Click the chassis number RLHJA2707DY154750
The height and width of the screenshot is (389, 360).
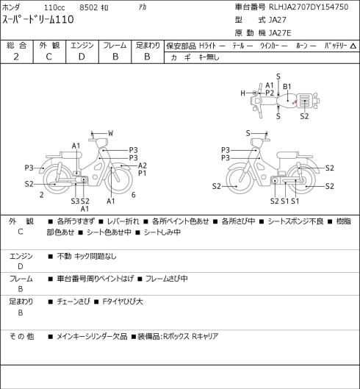[x=309, y=7]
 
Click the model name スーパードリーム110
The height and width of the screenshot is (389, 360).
[x=38, y=19]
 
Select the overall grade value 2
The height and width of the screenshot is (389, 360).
[x=16, y=57]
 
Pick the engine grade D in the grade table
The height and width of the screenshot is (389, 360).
[x=82, y=57]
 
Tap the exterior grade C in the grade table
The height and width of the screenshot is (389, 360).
[x=48, y=57]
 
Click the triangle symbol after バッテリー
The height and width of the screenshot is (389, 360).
[x=353, y=46]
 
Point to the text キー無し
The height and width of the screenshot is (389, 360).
[x=209, y=57]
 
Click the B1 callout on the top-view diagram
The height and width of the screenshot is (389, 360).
[x=287, y=87]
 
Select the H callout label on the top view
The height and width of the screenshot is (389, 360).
[x=242, y=93]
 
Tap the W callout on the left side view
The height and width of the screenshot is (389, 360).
[x=111, y=134]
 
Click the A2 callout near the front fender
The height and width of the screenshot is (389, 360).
[x=143, y=165]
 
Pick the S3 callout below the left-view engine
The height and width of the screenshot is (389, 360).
[x=75, y=201]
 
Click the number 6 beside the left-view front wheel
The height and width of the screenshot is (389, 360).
[x=134, y=195]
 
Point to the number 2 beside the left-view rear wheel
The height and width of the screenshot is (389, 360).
[x=42, y=195]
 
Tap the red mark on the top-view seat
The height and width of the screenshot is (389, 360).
[x=295, y=101]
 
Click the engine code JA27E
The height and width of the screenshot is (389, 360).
[x=280, y=33]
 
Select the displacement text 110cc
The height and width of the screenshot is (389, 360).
[x=54, y=7]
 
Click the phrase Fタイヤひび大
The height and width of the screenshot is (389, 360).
[x=123, y=301]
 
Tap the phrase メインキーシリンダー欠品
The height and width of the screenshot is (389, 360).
[x=92, y=336]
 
